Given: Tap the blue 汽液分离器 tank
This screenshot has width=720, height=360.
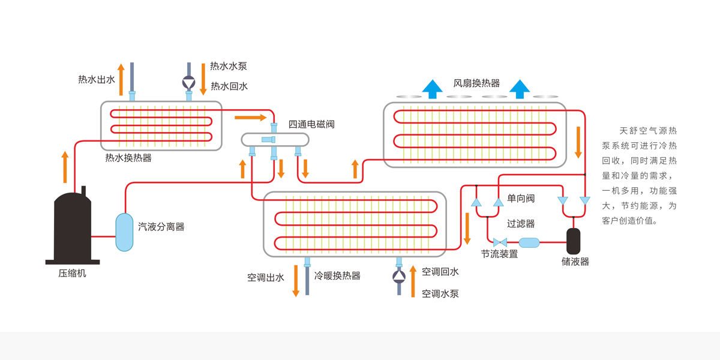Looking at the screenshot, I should point(124,232).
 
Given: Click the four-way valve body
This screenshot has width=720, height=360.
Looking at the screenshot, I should point(275,140).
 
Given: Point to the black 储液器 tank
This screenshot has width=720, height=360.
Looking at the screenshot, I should point(574,240).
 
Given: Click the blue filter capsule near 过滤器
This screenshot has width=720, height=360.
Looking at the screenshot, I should point(529,242).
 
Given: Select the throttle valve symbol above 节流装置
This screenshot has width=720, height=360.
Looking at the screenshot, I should point(499,242).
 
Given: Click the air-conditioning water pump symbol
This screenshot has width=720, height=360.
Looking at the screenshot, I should point(398,277).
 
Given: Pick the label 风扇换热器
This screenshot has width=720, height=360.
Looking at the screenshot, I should point(476,83).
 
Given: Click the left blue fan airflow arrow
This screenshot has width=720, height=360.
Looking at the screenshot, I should point(432,88).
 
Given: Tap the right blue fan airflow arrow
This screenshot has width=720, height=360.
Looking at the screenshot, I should point(520,88).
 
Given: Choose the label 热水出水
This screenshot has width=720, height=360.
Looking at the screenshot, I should point(96,79).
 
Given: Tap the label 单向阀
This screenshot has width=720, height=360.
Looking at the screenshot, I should point(520,198).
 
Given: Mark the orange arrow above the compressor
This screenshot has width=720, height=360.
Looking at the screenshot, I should point(65,167).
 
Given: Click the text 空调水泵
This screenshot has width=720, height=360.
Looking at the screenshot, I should point(440,293).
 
